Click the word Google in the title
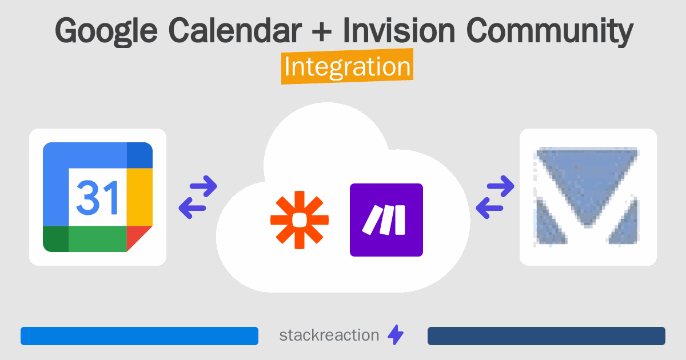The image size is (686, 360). pos(106,32)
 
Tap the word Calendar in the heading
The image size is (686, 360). pos(235,31)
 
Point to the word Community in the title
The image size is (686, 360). pos(550,32)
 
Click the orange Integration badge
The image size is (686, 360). pos(348,66)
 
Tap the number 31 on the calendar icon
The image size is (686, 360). pos(97,198)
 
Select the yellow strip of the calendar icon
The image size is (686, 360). pos(139,197)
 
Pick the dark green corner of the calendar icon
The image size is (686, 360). pos(56,239)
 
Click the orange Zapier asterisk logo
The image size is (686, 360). pos(300,220)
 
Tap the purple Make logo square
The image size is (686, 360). pos(386,220)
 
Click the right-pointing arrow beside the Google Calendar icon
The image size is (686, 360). pos(204,186)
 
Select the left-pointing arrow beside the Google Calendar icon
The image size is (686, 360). pos(192,208)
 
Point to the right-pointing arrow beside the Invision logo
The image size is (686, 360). pos(501,186)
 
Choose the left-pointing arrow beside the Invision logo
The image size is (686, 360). pos(489,208)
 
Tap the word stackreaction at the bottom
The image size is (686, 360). pos(329,335)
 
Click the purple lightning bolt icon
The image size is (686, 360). pos(396,335)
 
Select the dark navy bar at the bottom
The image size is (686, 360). pos(547,336)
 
